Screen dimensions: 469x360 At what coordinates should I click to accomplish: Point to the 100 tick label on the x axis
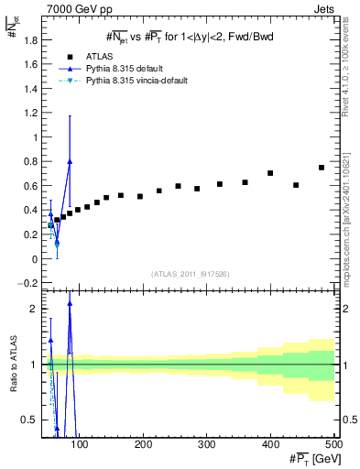80,444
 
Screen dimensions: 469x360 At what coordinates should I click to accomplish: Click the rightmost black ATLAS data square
322,168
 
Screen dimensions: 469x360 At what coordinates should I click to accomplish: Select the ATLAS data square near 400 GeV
270,173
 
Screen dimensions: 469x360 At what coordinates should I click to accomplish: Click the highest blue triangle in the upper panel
70,161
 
